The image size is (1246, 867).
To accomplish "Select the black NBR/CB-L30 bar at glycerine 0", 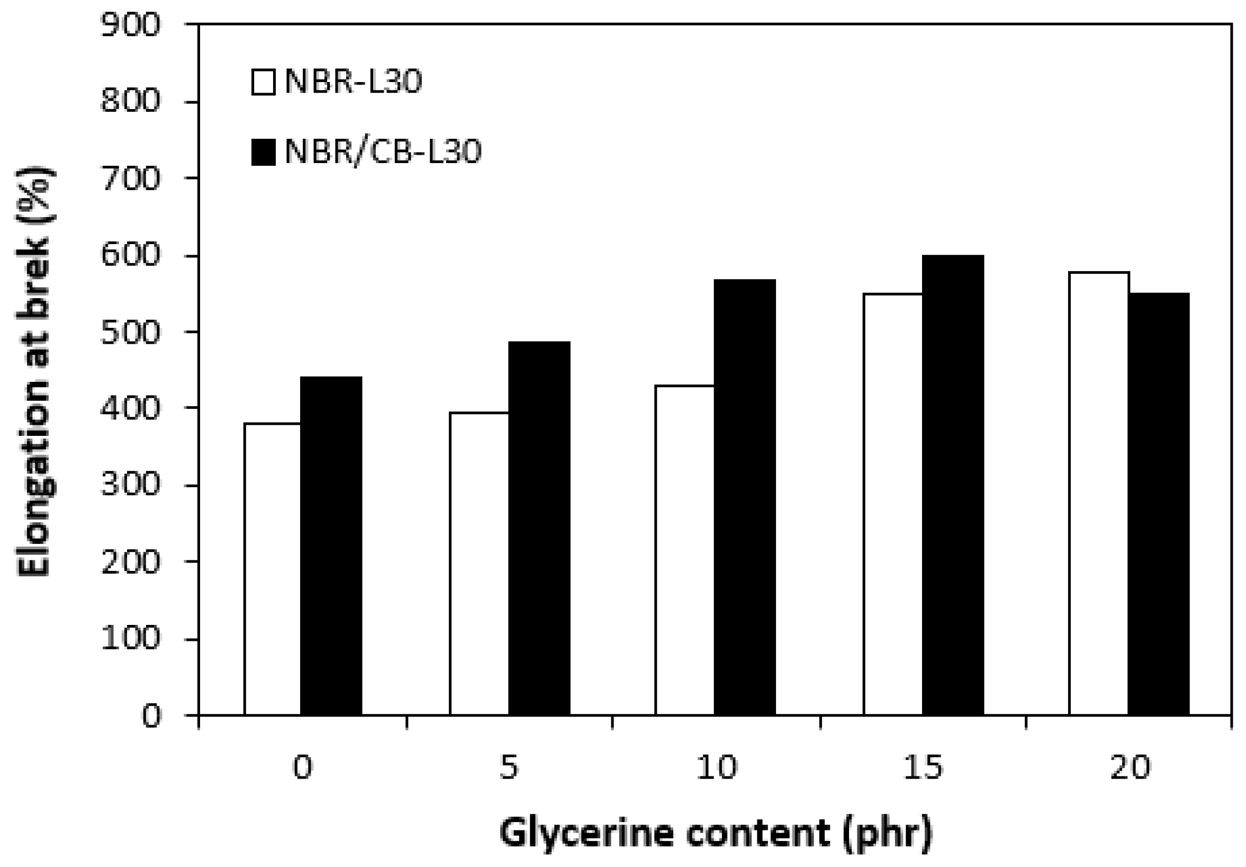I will point(331,546).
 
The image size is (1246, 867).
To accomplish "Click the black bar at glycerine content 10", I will point(745,497).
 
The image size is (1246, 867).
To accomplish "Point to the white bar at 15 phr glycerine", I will point(893,504).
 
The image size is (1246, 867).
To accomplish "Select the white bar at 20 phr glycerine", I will point(1099,494).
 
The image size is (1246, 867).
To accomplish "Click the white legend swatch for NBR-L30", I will point(263,82).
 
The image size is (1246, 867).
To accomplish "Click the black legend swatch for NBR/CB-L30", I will point(263,152).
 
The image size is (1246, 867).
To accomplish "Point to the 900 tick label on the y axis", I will point(131,25).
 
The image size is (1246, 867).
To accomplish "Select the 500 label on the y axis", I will point(131,332).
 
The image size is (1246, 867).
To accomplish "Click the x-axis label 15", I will point(923,767).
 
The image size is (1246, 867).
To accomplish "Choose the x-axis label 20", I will point(1130,767).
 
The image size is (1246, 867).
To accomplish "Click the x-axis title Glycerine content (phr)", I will point(716,833).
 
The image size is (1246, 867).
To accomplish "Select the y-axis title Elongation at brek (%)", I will point(35,371).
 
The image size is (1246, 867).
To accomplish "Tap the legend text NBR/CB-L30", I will point(383,152).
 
